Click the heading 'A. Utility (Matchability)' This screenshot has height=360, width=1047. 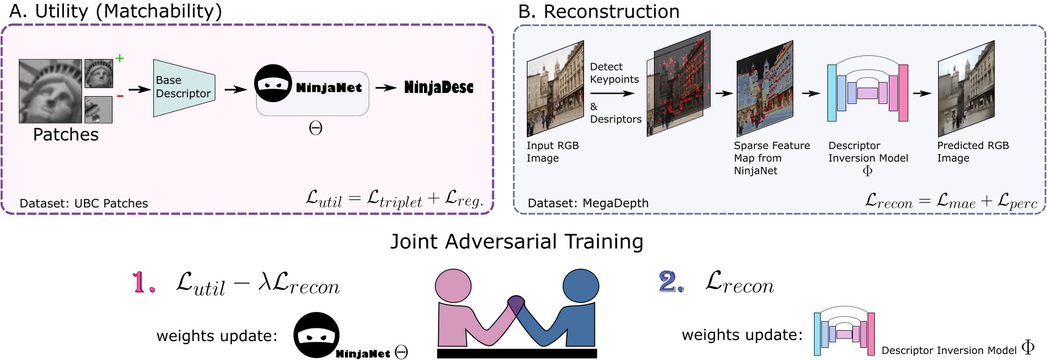point(116,11)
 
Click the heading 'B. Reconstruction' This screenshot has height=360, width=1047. point(599,12)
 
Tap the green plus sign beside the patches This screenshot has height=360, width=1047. point(120,58)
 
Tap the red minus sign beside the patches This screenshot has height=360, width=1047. point(120,96)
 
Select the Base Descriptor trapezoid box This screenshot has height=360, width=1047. point(183,88)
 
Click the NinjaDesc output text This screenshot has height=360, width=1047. point(439,88)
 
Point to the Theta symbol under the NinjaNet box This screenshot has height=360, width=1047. point(315,128)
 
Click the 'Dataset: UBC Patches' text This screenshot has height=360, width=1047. point(84,203)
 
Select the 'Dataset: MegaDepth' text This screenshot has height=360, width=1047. point(588,203)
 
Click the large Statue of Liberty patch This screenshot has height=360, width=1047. point(50,91)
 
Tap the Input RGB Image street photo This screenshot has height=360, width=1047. point(555,89)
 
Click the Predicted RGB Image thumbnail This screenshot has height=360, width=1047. point(965,89)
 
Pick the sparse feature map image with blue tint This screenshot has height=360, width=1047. point(765,89)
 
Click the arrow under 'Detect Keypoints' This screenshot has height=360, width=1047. point(611,94)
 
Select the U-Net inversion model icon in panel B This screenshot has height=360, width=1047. point(868,92)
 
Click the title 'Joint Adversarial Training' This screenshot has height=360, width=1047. point(517,241)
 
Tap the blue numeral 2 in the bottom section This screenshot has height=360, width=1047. point(670,282)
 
